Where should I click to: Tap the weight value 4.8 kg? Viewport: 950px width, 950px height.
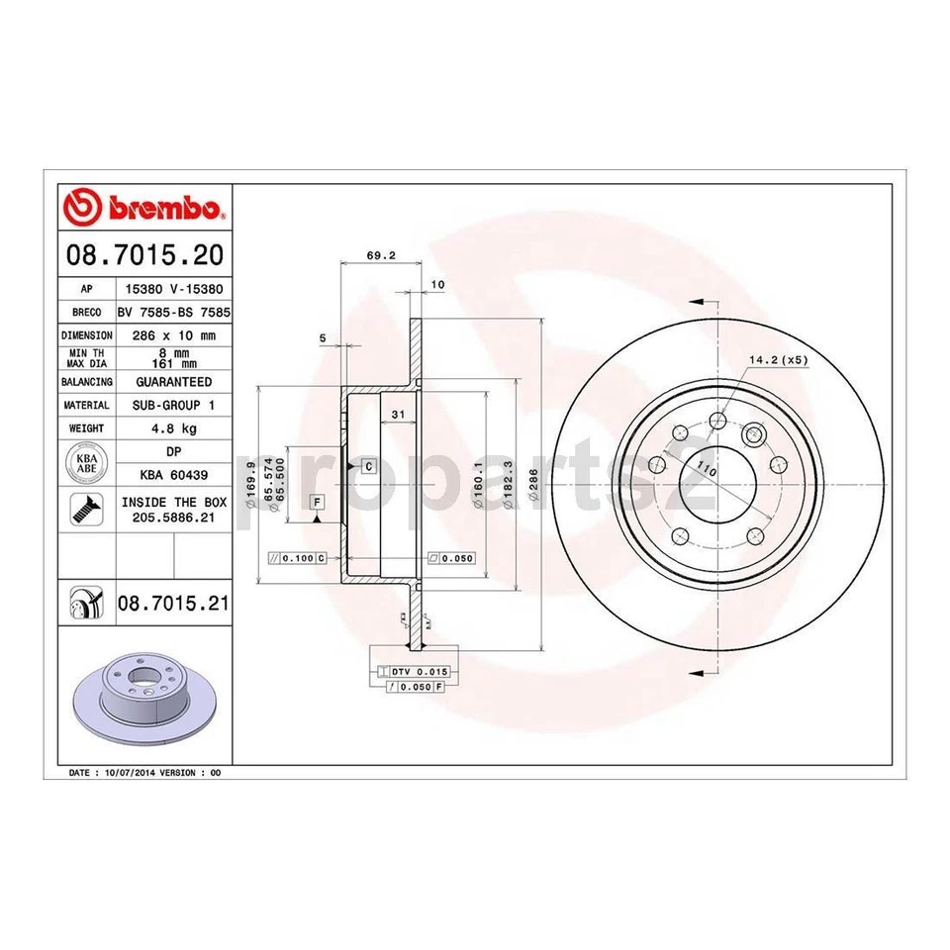click(172, 428)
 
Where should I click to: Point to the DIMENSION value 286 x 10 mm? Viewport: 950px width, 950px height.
click(172, 335)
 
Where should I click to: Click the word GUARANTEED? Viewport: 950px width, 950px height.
click(172, 381)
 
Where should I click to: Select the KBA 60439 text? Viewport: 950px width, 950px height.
click(172, 474)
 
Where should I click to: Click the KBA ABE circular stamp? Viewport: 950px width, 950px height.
click(86, 463)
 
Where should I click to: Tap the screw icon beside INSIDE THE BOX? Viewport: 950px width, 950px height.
click(85, 509)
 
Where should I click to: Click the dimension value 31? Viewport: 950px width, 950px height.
click(398, 414)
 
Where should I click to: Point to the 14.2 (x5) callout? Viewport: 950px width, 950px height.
click(779, 360)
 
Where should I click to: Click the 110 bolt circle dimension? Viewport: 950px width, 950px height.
click(705, 469)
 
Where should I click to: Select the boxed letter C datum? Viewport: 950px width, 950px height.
click(367, 465)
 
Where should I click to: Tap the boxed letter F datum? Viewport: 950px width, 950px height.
click(316, 502)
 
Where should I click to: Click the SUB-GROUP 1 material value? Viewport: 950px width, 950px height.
click(172, 405)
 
